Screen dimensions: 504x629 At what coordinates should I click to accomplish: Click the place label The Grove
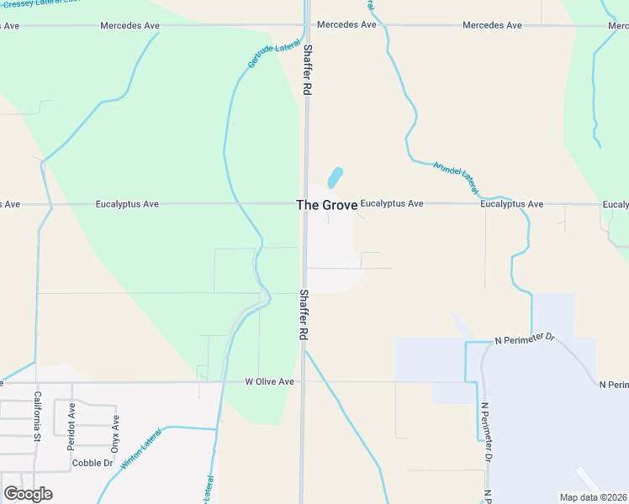pos(320,205)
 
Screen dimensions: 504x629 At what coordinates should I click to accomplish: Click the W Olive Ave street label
pos(269,381)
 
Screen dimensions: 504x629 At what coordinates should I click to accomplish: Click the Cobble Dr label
pos(92,463)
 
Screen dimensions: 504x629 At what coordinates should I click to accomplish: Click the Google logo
pos(28,494)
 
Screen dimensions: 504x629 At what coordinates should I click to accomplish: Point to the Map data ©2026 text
pos(593,497)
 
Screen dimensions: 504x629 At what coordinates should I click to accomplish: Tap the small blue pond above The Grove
pos(335,177)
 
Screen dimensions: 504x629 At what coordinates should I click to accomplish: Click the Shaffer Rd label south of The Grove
pos(303,314)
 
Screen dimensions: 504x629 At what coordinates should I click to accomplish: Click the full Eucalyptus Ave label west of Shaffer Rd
pos(127,204)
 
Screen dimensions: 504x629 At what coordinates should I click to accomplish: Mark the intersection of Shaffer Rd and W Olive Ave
pos(303,381)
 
